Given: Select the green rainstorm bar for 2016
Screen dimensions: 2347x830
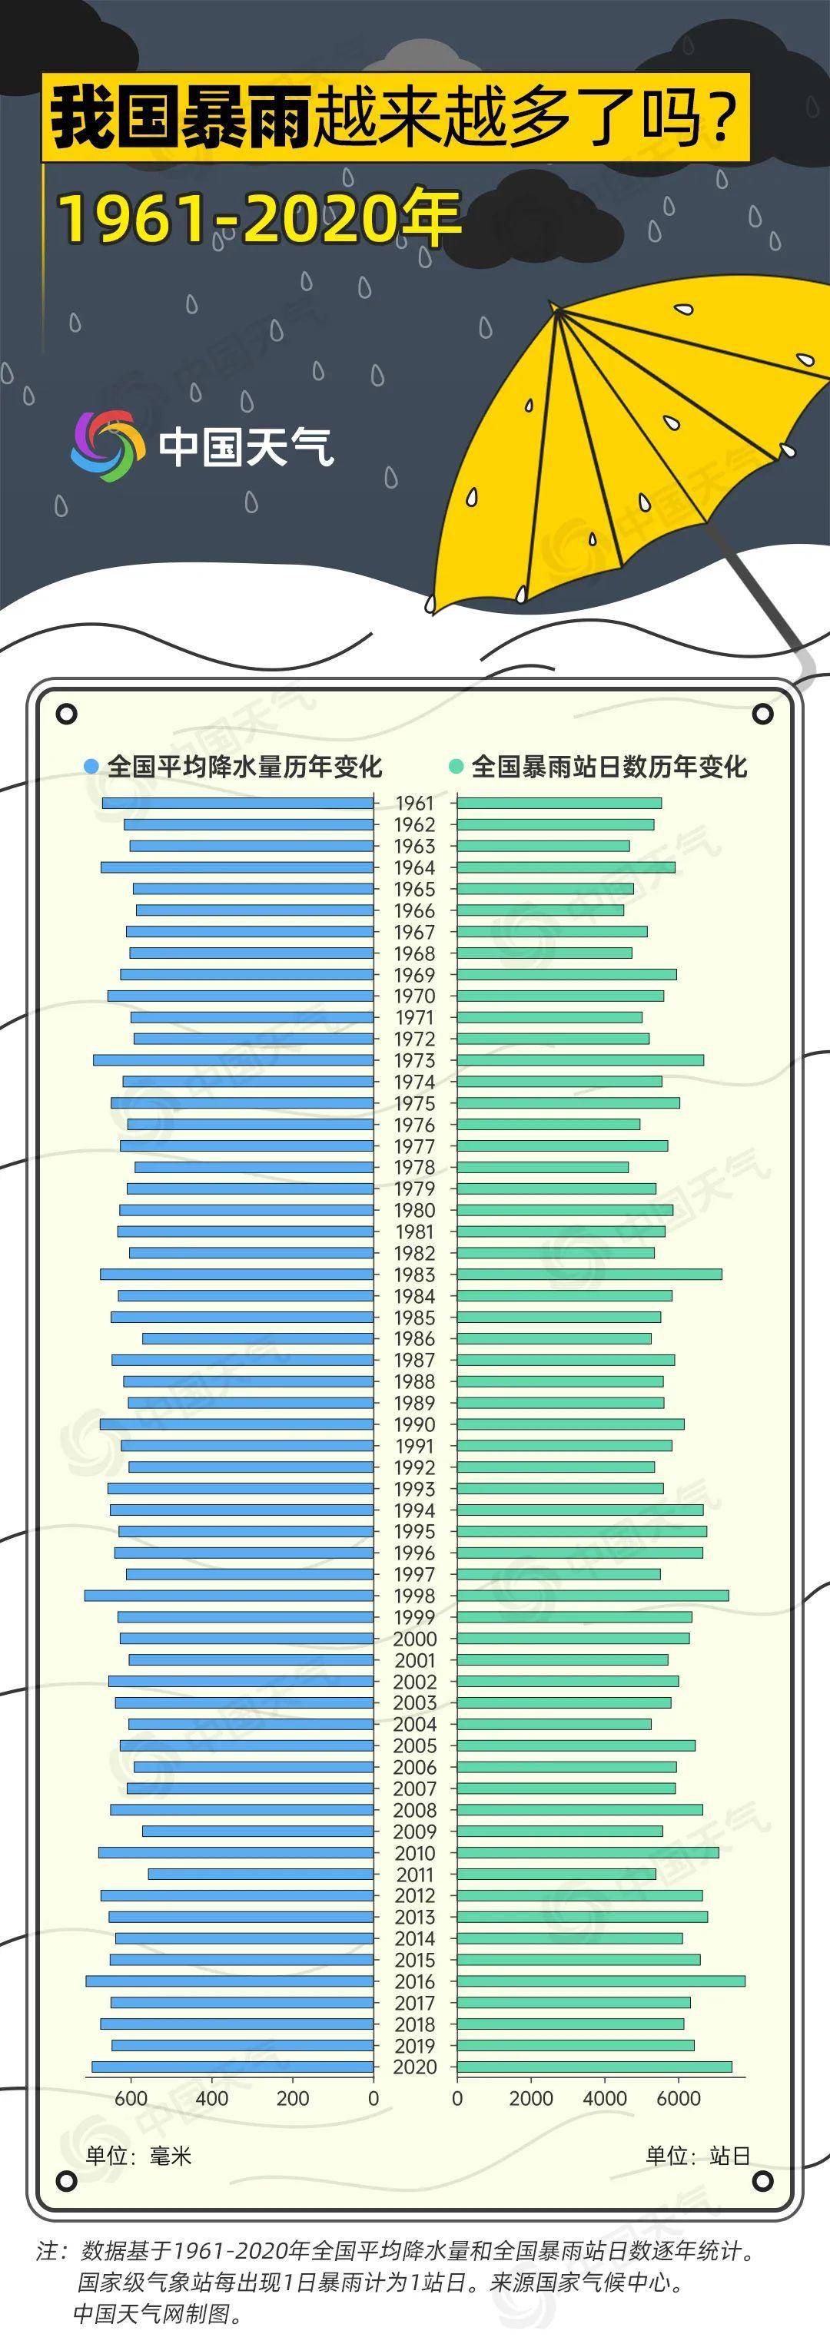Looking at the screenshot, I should point(600,1981).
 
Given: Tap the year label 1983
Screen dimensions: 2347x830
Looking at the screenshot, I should point(414,1275).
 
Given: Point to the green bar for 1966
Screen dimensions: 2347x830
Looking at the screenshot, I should point(540,910).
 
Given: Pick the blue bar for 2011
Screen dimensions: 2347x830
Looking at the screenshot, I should point(261,1874).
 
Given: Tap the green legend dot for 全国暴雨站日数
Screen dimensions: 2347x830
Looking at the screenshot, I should point(456,766).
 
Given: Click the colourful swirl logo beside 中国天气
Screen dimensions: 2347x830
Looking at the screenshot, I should point(108,446).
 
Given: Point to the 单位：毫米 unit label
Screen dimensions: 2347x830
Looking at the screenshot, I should point(138,2155).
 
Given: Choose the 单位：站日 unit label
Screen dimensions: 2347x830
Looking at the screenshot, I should point(698,2155).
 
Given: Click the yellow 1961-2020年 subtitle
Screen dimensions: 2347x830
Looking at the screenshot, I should point(260,219).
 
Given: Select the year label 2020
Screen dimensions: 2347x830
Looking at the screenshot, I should point(414,2067).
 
